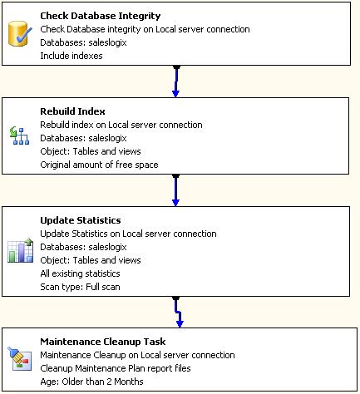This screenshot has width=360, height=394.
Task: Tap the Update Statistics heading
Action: tap(81, 220)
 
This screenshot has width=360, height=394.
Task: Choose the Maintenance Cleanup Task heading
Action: tap(102, 342)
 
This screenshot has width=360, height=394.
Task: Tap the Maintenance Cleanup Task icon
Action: tap(18, 358)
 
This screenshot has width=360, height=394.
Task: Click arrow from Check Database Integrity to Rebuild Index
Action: tap(176, 81)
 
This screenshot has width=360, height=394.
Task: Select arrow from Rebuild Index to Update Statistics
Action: tap(176, 190)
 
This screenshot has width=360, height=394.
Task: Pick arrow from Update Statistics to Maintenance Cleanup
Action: tap(178, 313)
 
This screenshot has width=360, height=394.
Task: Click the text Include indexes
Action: tap(72, 57)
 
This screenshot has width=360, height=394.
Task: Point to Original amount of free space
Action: tap(99, 165)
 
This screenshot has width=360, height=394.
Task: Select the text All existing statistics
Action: tap(80, 273)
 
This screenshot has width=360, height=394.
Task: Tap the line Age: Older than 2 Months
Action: tap(91, 382)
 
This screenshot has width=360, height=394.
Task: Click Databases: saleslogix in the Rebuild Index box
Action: tap(86, 138)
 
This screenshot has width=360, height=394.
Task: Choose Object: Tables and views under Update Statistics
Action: tap(90, 260)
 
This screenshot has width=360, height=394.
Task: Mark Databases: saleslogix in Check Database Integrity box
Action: tap(86, 43)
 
